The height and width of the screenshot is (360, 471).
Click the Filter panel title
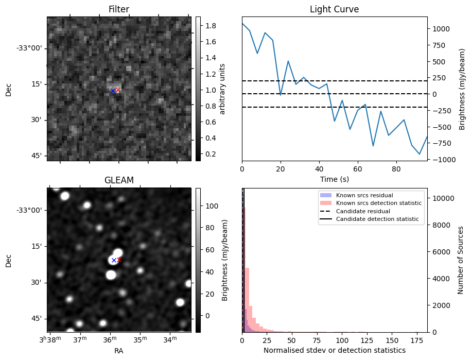119,9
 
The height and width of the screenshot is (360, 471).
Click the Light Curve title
334,9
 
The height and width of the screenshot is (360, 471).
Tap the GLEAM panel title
119,180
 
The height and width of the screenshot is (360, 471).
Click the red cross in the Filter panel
118,90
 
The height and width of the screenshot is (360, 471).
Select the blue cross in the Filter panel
113,91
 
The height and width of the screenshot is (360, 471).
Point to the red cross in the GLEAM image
119,260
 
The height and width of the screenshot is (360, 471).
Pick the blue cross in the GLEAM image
114,260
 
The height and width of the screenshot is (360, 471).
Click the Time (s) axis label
334,178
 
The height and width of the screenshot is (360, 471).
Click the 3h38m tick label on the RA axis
51,340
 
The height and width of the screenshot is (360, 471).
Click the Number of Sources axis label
461,260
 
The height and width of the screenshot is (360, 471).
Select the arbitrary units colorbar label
222,89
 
